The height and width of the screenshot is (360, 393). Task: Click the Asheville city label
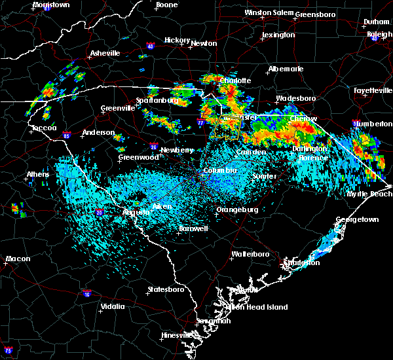(105, 52)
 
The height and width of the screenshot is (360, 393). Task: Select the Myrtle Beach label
(370, 194)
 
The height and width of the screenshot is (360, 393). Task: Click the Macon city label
(18, 259)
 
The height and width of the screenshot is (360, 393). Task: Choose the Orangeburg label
(236, 210)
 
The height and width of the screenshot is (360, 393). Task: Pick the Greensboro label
(316, 14)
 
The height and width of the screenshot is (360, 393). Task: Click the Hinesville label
(179, 336)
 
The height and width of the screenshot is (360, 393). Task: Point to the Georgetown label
(357, 220)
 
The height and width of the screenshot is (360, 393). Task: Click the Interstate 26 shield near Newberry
(153, 147)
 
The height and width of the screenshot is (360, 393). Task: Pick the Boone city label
(166, 5)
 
